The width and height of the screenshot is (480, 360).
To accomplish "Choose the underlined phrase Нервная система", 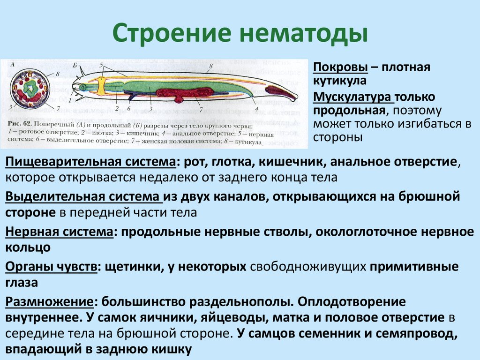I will pyautogui.click(x=59, y=232).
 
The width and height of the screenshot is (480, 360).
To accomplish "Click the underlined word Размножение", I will pyautogui.click(x=49, y=302).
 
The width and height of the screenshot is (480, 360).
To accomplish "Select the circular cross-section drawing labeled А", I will pyautogui.click(x=32, y=88).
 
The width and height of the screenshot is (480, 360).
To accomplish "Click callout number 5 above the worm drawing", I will pyautogui.click(x=101, y=64).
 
